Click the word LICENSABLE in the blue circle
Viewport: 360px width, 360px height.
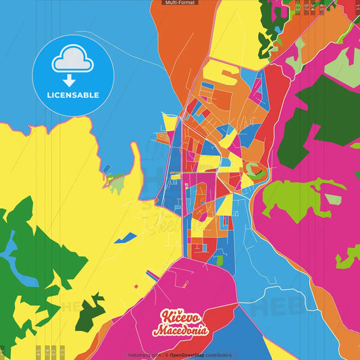73,95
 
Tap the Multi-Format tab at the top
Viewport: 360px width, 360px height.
179,3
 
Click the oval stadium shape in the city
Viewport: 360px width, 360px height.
253,170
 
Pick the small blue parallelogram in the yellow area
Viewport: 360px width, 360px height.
126,238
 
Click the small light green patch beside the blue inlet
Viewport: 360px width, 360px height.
118,181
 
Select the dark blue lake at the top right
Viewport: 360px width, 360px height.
276,30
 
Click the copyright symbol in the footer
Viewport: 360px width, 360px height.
166,355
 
